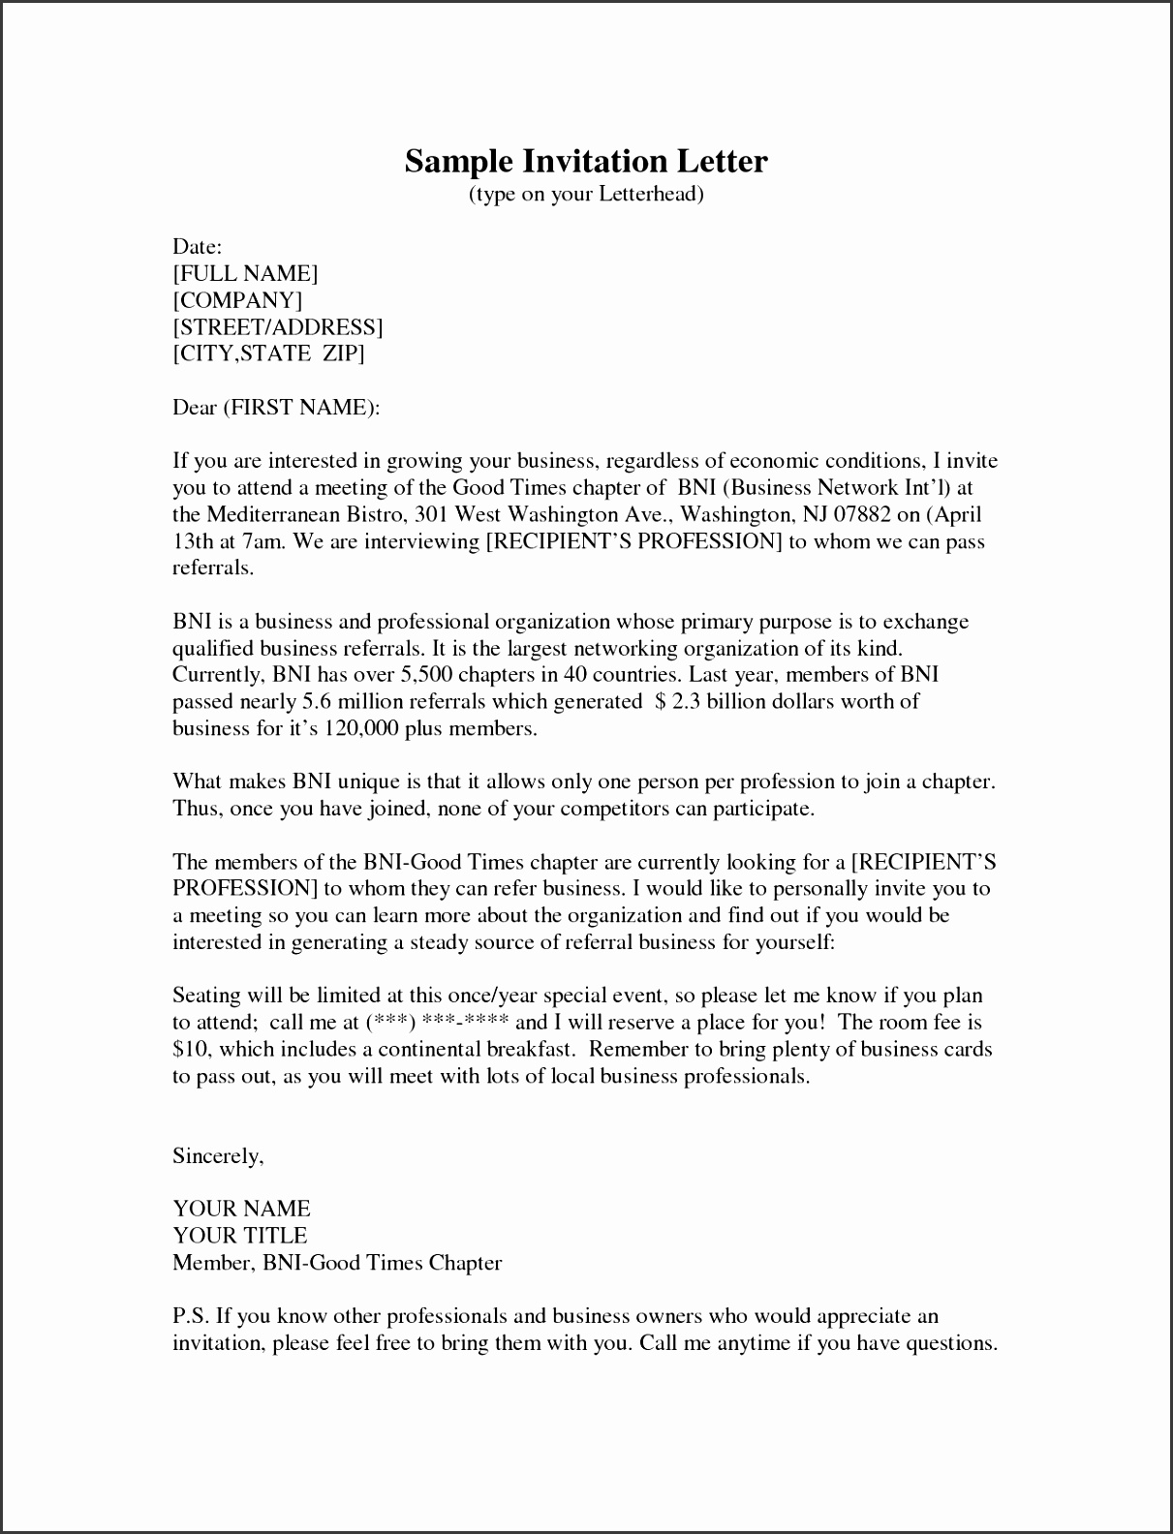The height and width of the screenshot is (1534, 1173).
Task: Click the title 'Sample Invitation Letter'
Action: tap(586, 161)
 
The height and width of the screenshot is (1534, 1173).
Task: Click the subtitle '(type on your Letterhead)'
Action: tap(586, 195)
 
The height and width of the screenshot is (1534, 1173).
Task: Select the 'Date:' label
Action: tap(198, 247)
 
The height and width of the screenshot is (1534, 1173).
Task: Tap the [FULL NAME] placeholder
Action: tap(245, 274)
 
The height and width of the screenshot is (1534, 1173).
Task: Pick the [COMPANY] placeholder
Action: tap(237, 300)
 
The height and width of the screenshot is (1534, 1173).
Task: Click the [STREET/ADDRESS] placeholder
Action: tap(278, 327)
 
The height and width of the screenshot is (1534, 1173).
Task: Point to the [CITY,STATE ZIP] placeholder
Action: tap(268, 353)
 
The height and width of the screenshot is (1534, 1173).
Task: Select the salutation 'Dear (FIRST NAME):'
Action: tap(276, 408)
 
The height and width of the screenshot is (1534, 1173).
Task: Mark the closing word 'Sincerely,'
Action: tap(218, 1156)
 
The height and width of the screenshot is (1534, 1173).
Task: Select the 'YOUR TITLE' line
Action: tap(239, 1236)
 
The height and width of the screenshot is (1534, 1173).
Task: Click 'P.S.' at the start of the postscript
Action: tap(190, 1316)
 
